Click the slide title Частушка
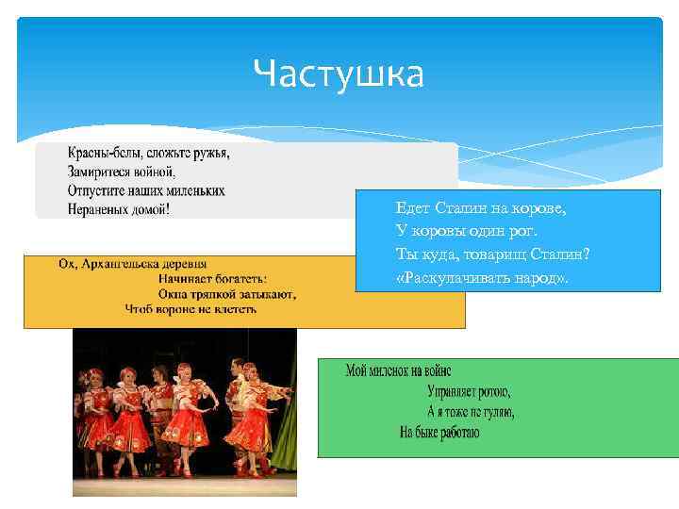pos(339,74)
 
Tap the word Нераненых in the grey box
pos(102,208)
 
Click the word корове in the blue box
pos(539,207)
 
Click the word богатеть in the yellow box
pos(238,279)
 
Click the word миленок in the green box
pos(391,371)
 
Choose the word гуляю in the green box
pos(496,412)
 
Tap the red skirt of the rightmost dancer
pos(253,429)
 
